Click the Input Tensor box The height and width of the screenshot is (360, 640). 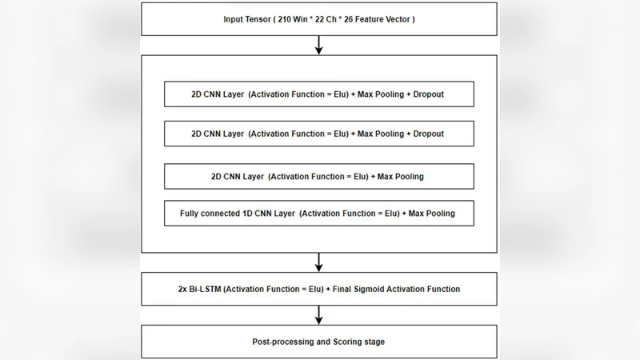click(x=318, y=18)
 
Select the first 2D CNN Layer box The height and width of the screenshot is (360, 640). click(x=318, y=94)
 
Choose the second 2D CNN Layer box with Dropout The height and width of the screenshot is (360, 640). click(x=318, y=134)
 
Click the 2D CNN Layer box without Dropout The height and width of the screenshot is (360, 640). click(x=318, y=175)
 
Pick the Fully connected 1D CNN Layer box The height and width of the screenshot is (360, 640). click(x=318, y=214)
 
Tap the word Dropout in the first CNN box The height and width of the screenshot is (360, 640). click(x=429, y=94)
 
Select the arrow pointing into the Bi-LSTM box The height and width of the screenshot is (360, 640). click(x=318, y=262)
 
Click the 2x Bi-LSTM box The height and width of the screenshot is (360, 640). click(x=318, y=288)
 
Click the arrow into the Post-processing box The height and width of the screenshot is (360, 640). click(x=318, y=314)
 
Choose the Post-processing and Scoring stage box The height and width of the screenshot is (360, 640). click(x=318, y=341)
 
